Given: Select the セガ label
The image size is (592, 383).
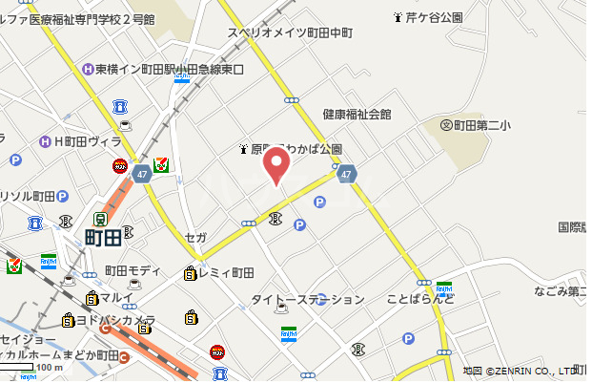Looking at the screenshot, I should [x=195, y=237].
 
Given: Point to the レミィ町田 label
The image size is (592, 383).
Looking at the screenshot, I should [x=226, y=273].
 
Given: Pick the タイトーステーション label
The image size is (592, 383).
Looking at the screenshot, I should [x=307, y=300].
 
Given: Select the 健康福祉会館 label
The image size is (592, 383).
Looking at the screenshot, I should [x=357, y=114].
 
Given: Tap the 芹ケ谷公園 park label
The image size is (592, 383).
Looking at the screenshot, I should [x=435, y=18].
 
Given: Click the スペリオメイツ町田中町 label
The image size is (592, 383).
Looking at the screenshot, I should [x=290, y=32].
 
